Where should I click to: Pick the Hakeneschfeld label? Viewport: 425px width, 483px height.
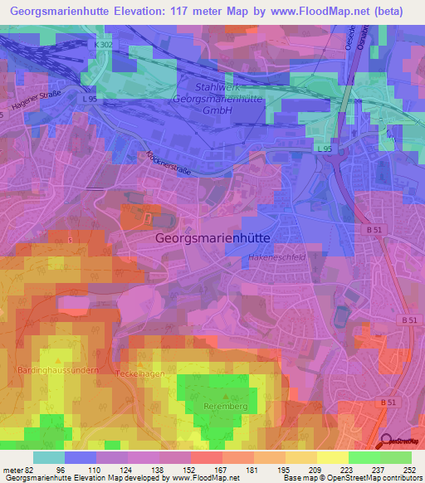tap(276, 259)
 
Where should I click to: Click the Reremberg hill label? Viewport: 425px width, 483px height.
tap(220, 407)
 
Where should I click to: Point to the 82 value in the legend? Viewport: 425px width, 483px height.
tap(28, 469)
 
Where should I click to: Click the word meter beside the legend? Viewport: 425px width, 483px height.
tap(12, 469)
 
